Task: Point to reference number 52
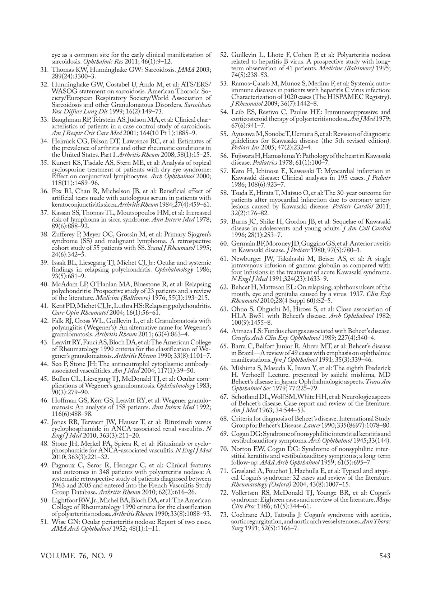[x=224, y=55]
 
